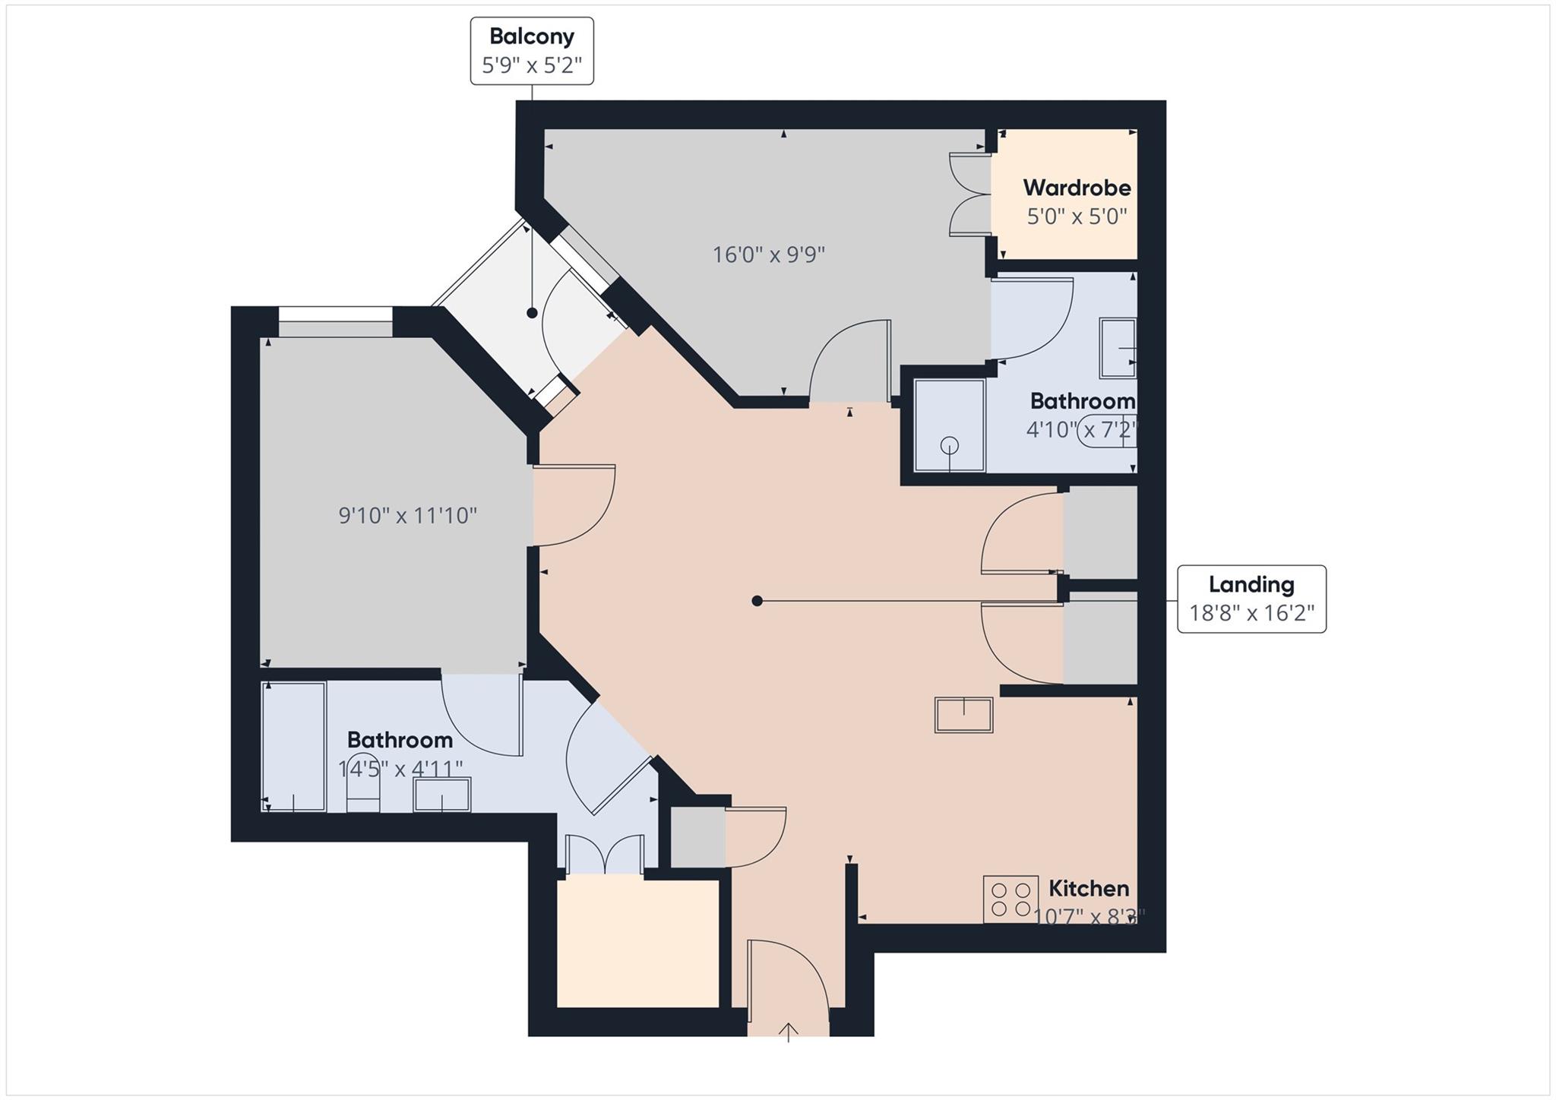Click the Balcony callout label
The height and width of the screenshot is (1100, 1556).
pyautogui.click(x=532, y=50)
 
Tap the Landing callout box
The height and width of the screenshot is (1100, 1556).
pyautogui.click(x=1251, y=599)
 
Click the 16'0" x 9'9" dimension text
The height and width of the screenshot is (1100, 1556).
pyautogui.click(x=768, y=254)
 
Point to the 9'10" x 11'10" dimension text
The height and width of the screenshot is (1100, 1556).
pyautogui.click(x=407, y=516)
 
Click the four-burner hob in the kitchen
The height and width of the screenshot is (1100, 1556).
pyautogui.click(x=1010, y=899)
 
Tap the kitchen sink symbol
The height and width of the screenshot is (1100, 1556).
pyautogui.click(x=963, y=715)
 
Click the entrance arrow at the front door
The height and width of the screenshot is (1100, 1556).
pyautogui.click(x=789, y=1032)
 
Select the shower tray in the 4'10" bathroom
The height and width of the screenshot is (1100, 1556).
pyautogui.click(x=949, y=425)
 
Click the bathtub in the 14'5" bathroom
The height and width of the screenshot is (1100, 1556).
pyautogui.click(x=293, y=746)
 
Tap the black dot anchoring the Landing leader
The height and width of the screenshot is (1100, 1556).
pyautogui.click(x=757, y=601)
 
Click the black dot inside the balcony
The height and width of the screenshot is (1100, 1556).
pyautogui.click(x=532, y=313)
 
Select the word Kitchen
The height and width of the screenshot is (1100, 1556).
pyautogui.click(x=1088, y=888)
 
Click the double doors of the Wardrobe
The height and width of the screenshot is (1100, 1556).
pyautogui.click(x=969, y=194)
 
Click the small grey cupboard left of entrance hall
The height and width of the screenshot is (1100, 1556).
pyautogui.click(x=697, y=836)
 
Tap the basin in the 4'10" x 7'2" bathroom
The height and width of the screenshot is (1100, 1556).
pyautogui.click(x=1118, y=349)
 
